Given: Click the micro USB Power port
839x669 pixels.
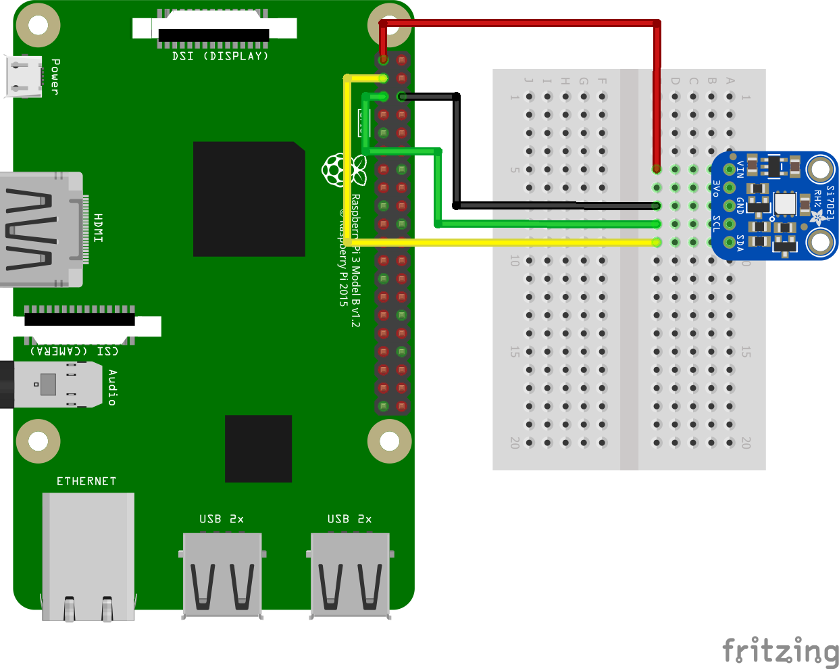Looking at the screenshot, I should (24, 76).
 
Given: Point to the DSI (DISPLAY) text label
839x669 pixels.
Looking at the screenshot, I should (220, 56).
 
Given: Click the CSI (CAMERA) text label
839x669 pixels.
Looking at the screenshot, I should (74, 351).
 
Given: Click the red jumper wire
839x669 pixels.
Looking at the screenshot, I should (520, 23).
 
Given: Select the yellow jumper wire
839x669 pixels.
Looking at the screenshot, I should (500, 242).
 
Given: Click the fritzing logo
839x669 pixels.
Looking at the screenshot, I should (780, 651).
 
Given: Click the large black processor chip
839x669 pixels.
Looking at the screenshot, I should (249, 199).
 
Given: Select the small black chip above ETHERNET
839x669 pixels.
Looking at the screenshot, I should (258, 448).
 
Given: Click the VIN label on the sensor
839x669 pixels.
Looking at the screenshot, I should (740, 169).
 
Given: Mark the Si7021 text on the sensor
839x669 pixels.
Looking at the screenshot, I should (830, 202).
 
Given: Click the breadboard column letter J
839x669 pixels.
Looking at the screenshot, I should (529, 80).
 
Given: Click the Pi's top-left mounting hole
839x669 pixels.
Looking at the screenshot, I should (38, 26).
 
